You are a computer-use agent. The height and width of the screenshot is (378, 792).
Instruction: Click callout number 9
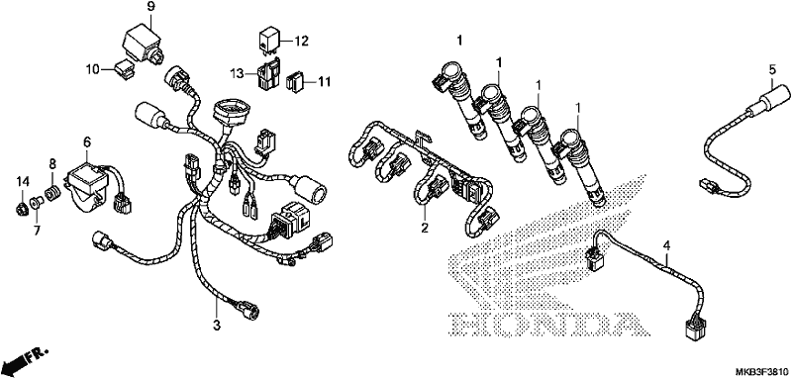tap(151, 7)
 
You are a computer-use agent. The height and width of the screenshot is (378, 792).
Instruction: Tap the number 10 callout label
tap(93, 69)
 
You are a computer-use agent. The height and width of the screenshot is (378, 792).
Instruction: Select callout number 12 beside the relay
tap(302, 41)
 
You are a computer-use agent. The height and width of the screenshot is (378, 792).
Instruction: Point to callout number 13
tap(238, 74)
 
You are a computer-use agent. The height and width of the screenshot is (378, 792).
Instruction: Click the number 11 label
tap(324, 81)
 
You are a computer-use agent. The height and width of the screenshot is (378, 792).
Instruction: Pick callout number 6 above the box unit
tap(87, 142)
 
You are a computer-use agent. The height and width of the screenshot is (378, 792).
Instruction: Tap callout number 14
tap(23, 181)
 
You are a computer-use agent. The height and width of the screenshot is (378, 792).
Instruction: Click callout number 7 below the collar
tap(38, 231)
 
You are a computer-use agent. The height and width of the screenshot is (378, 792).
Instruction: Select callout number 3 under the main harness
tap(217, 326)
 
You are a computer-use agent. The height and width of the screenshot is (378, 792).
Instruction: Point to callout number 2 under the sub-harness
tap(425, 228)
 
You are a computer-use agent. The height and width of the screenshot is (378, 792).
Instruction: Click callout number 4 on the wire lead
tap(666, 246)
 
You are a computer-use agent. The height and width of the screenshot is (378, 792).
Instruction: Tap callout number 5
tap(772, 70)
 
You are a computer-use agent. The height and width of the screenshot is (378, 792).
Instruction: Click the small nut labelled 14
tap(22, 206)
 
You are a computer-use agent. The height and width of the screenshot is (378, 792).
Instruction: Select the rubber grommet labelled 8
tap(52, 193)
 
